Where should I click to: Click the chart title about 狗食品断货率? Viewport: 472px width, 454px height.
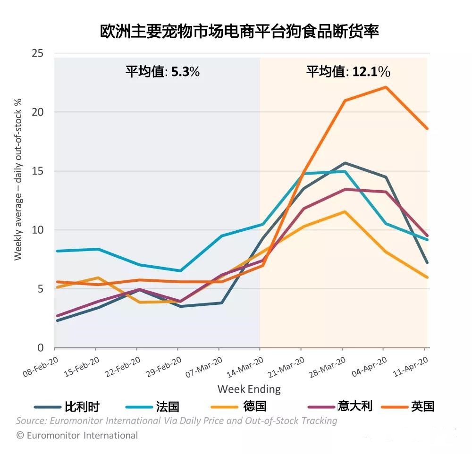tap(239, 32)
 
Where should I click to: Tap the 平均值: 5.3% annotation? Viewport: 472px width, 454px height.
tap(162, 72)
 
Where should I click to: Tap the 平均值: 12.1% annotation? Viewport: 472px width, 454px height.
tap(348, 72)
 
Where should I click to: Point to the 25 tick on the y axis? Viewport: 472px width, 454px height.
tap(38, 53)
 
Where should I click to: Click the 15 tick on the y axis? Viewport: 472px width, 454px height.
tap(38, 171)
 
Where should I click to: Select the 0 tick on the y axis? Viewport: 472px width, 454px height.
tap(41, 348)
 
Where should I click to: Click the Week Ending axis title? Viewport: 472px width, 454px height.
tap(249, 389)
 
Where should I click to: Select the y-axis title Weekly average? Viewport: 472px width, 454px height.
tap(18, 179)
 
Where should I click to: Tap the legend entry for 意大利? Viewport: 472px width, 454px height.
tap(340, 406)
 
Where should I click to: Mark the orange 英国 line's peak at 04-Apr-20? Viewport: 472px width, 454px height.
tap(386, 87)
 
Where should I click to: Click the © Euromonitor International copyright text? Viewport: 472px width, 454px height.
tap(77, 435)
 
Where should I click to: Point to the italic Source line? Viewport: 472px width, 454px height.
tap(177, 420)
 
